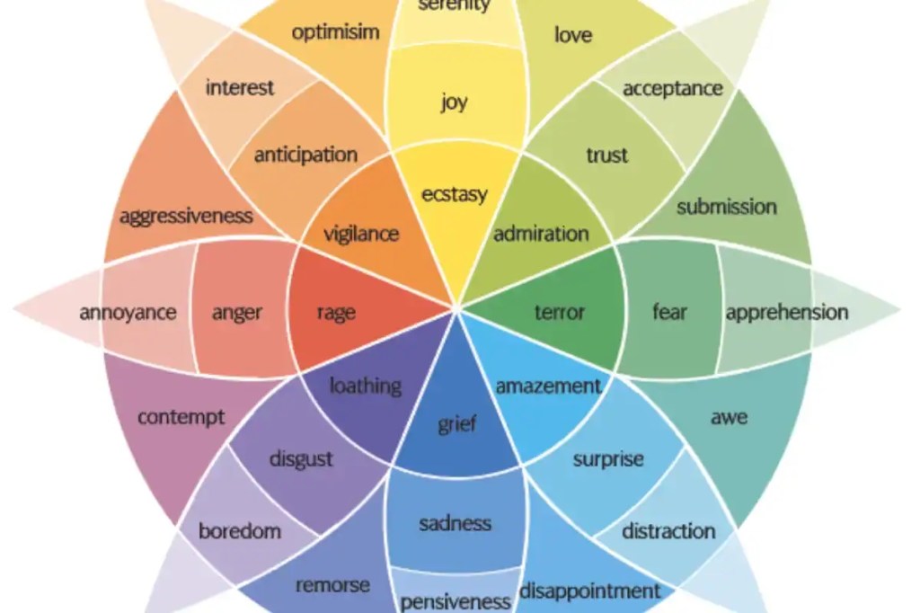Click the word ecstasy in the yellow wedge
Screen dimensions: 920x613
click(x=455, y=194)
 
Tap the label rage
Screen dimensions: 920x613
click(x=336, y=313)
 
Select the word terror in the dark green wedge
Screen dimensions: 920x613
click(x=560, y=312)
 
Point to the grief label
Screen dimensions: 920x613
click(x=457, y=424)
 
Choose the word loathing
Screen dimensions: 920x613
click(x=366, y=386)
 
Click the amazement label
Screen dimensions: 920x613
click(x=549, y=386)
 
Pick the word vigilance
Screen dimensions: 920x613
click(x=361, y=235)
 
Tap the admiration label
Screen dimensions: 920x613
click(x=541, y=234)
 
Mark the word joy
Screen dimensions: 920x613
click(x=455, y=102)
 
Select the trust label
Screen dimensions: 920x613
click(x=607, y=155)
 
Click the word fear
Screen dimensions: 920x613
click(x=669, y=312)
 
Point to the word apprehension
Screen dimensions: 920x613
click(x=787, y=313)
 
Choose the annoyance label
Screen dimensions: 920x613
click(x=128, y=313)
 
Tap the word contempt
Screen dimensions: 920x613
click(x=181, y=417)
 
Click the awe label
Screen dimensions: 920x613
click(x=730, y=417)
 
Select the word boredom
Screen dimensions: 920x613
click(x=240, y=531)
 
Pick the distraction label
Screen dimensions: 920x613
click(x=668, y=531)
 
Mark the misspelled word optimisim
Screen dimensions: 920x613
click(x=336, y=31)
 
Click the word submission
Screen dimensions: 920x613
click(x=726, y=207)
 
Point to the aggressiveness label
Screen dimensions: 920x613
click(x=187, y=217)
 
